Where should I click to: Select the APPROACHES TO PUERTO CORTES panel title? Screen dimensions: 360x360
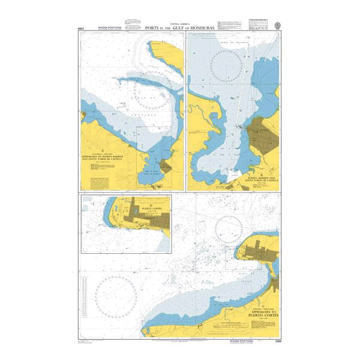pos(262,314)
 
